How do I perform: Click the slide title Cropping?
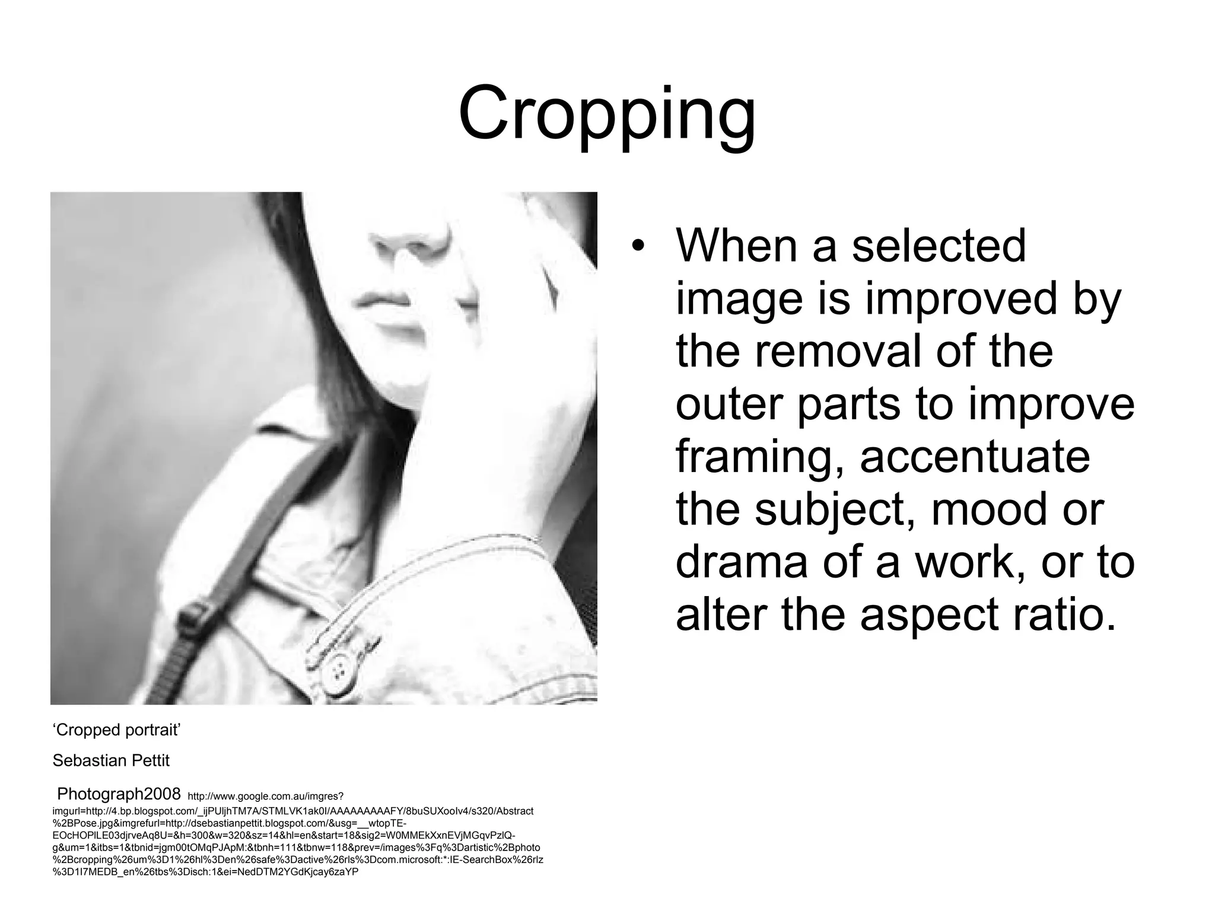[607, 114]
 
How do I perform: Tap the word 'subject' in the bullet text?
[837, 511]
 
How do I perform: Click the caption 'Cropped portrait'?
[116, 730]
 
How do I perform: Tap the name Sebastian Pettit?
[111, 761]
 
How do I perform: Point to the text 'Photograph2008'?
[119, 794]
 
